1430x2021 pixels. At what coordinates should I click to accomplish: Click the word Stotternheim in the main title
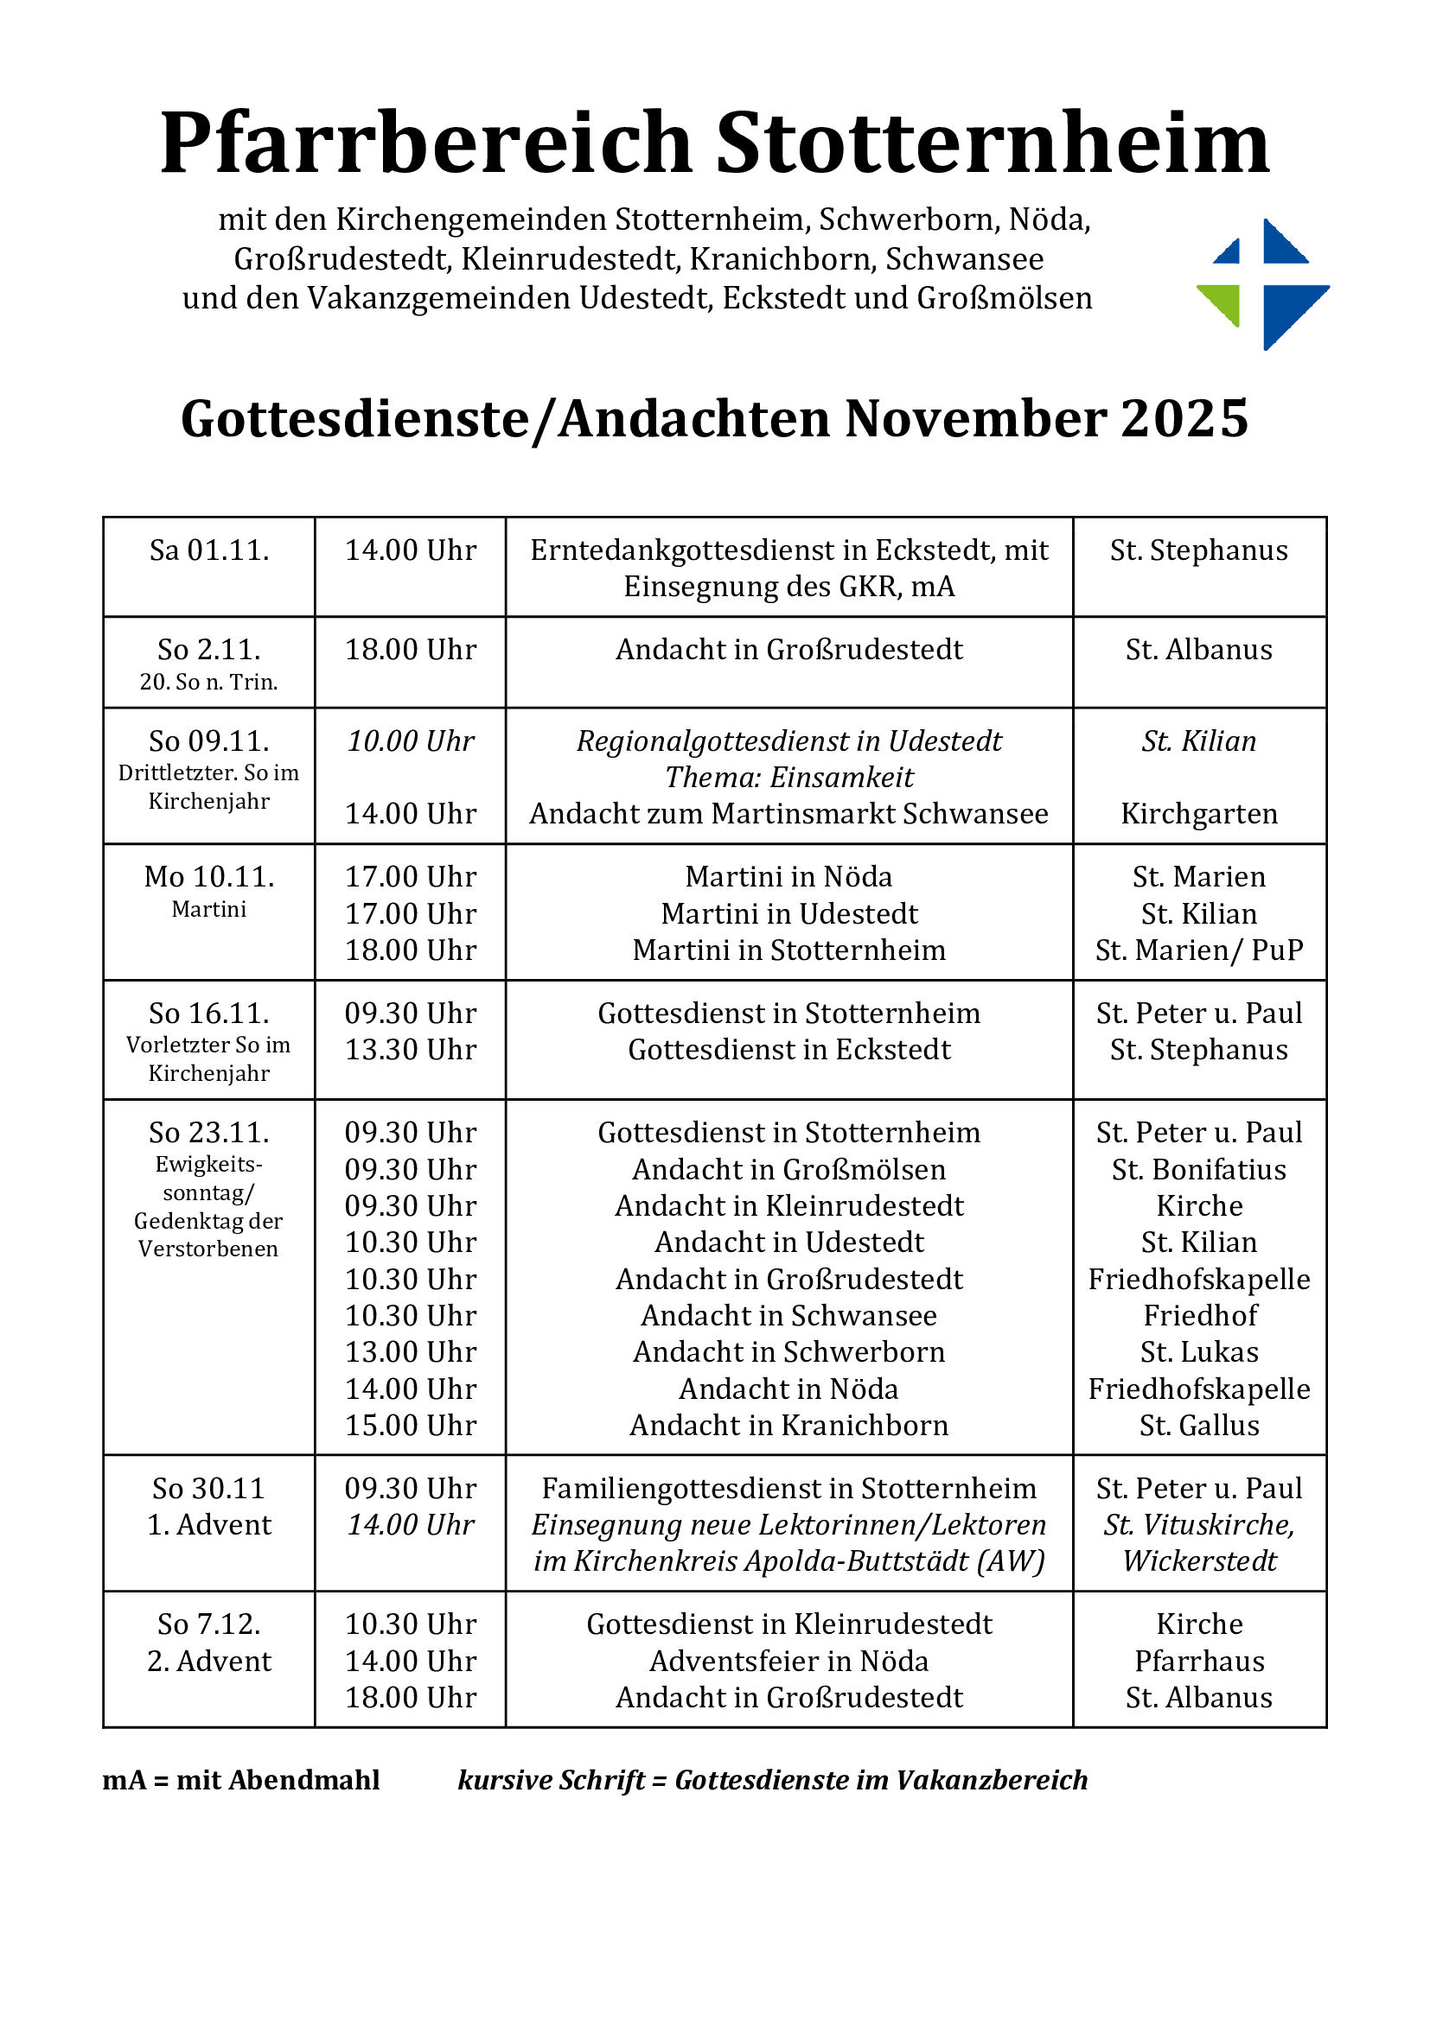(x=993, y=143)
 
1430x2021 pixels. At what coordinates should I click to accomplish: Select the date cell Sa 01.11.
(x=209, y=551)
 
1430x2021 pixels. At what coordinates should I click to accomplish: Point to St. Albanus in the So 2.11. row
(x=1198, y=650)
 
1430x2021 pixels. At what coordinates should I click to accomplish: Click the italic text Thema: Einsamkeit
(x=789, y=778)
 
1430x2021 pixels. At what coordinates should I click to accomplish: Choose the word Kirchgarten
(x=1198, y=814)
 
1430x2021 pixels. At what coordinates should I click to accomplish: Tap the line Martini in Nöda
(x=789, y=877)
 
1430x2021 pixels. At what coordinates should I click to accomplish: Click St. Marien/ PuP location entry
(x=1198, y=950)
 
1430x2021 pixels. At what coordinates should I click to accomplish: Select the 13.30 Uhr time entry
(x=411, y=1050)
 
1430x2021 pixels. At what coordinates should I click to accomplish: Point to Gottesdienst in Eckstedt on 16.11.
(x=789, y=1050)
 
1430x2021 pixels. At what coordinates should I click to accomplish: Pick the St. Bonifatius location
(x=1198, y=1170)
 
